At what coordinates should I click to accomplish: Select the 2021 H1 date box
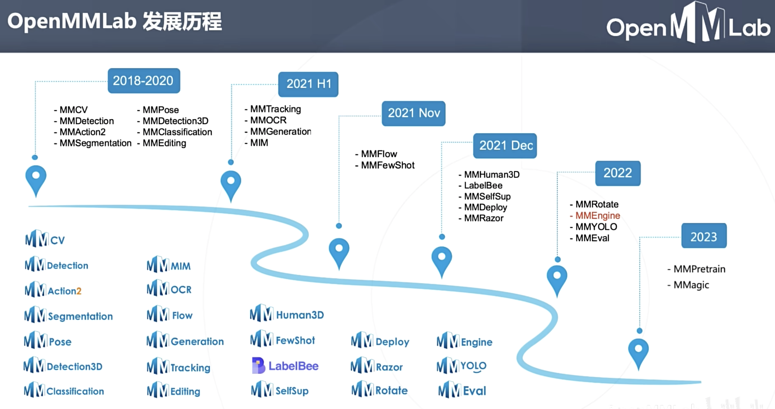(x=308, y=84)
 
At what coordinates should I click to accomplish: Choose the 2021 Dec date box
(x=505, y=146)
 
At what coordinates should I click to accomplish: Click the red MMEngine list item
(x=597, y=216)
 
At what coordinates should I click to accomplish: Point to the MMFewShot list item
(x=387, y=165)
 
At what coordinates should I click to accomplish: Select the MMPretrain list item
(x=699, y=269)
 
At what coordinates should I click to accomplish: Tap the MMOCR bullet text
(x=268, y=120)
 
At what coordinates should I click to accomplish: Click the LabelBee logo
(x=285, y=366)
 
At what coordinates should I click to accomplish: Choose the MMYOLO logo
(x=462, y=366)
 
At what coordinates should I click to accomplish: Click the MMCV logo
(x=45, y=239)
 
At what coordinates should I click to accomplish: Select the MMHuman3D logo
(x=287, y=314)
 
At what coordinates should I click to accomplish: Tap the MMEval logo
(x=462, y=390)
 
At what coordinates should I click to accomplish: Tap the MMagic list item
(x=691, y=285)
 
